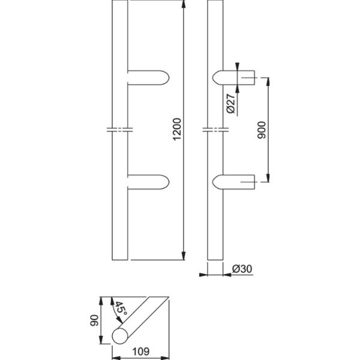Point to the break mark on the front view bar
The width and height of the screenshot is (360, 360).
pyautogui.click(x=120, y=130)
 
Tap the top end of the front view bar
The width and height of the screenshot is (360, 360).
pyautogui.click(x=120, y=4)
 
